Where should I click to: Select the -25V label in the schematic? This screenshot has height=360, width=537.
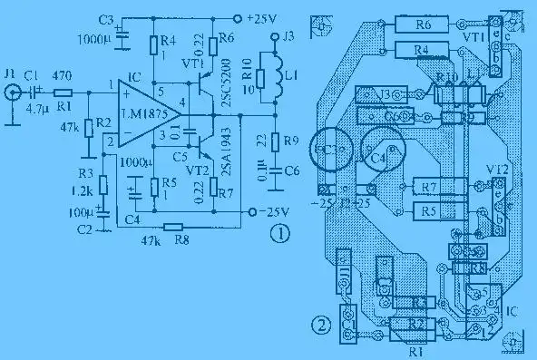point(268,211)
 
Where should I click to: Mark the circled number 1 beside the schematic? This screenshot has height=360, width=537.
point(281,236)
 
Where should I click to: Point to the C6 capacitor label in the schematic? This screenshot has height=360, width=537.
point(289,170)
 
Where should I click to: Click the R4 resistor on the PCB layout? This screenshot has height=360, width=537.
point(421,49)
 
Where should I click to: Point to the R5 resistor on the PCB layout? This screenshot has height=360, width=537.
point(430,211)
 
